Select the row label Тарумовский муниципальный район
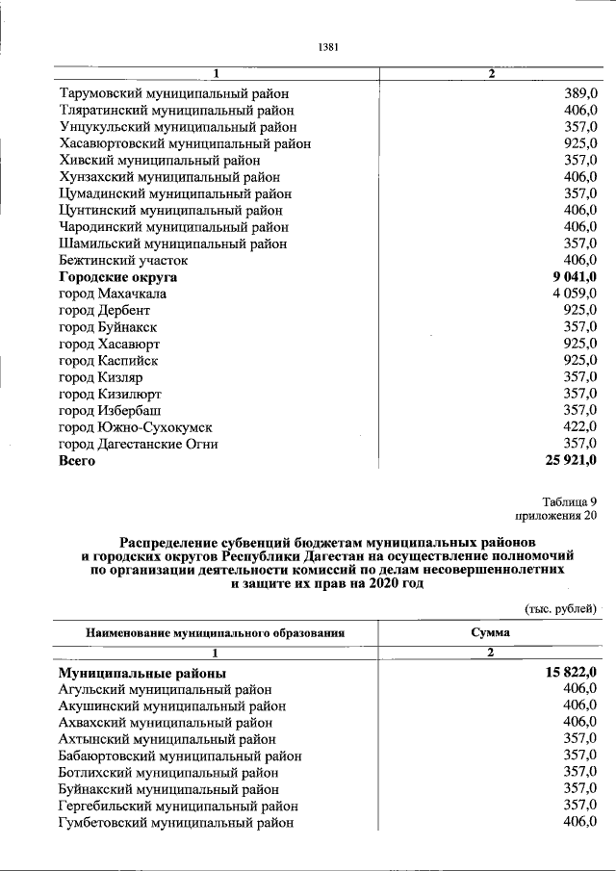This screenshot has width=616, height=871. point(173,93)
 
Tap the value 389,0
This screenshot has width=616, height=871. point(579,93)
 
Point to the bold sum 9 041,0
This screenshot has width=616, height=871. point(574,277)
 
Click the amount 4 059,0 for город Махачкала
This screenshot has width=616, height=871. point(575,294)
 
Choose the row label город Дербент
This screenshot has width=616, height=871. point(104,310)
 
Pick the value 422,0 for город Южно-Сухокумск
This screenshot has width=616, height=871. point(579,426)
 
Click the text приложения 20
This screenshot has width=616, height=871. point(557,517)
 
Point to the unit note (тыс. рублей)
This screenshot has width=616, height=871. point(560,608)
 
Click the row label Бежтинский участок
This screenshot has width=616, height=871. point(122,260)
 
